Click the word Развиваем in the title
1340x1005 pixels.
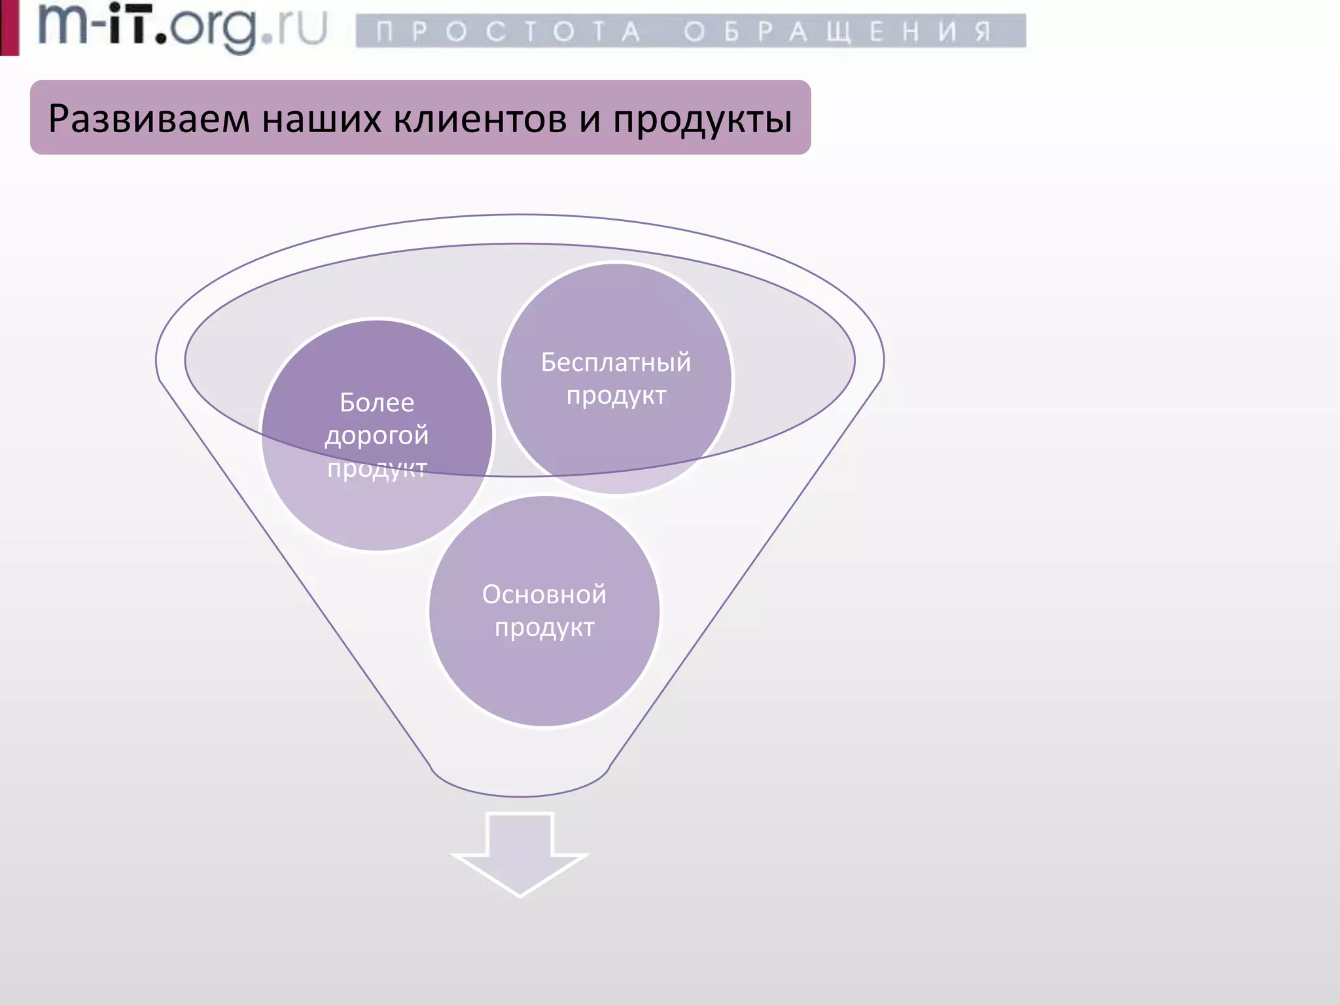[x=149, y=119]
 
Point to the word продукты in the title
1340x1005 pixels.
[x=702, y=120]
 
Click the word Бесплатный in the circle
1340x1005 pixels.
[x=616, y=362]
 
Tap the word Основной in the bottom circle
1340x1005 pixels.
[x=544, y=595]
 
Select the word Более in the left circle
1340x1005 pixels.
[x=377, y=402]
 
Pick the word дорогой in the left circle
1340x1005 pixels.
[x=377, y=436]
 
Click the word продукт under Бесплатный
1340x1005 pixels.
[x=616, y=396]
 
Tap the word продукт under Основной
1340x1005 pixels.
[x=544, y=628]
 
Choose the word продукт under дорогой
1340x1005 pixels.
[x=377, y=468]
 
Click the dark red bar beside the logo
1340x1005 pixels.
[x=9, y=27]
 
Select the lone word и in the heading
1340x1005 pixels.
[x=590, y=120]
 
